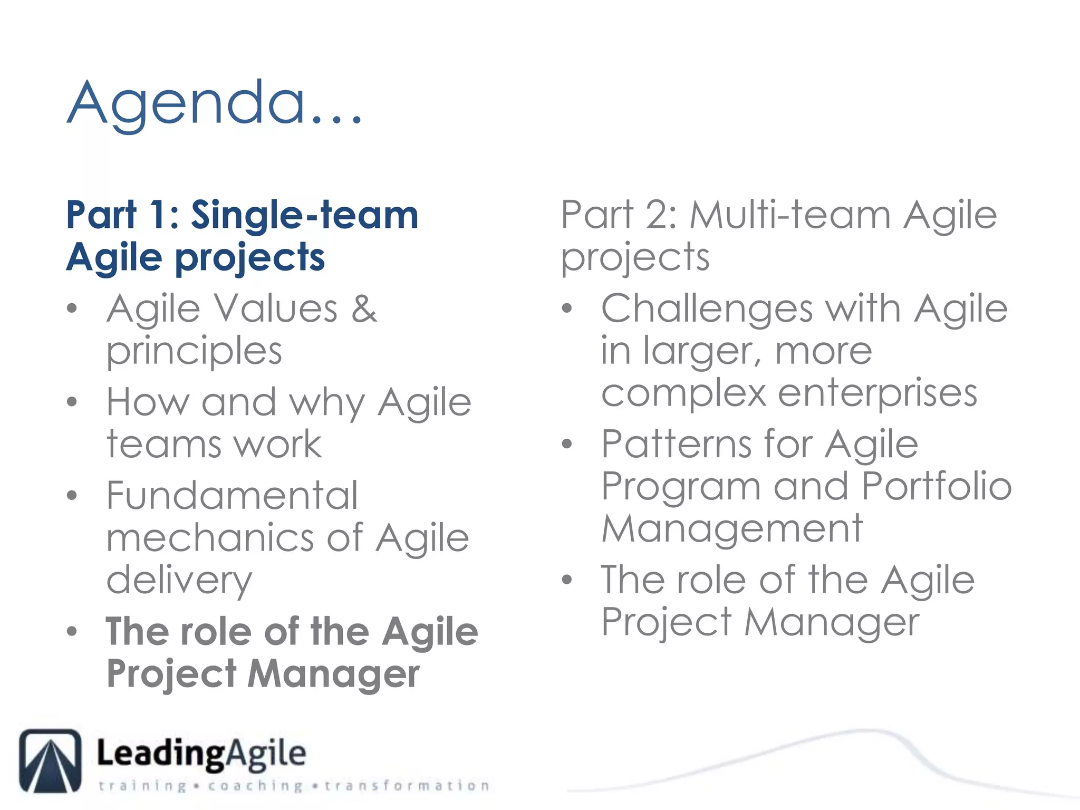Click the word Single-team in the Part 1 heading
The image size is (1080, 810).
click(x=304, y=215)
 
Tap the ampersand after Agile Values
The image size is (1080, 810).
click(x=364, y=309)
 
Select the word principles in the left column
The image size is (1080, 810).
click(x=194, y=352)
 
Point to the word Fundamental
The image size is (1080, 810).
click(x=232, y=496)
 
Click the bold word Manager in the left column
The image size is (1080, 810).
click(x=333, y=674)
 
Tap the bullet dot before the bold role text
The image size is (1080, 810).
click(x=72, y=631)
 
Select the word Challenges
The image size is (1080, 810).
click(x=706, y=309)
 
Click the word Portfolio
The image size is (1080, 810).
click(x=936, y=486)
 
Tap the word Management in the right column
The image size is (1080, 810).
click(x=732, y=529)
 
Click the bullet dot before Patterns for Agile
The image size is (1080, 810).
click(x=567, y=444)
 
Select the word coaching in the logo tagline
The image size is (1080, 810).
click(x=255, y=786)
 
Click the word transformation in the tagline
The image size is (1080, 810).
click(x=407, y=786)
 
